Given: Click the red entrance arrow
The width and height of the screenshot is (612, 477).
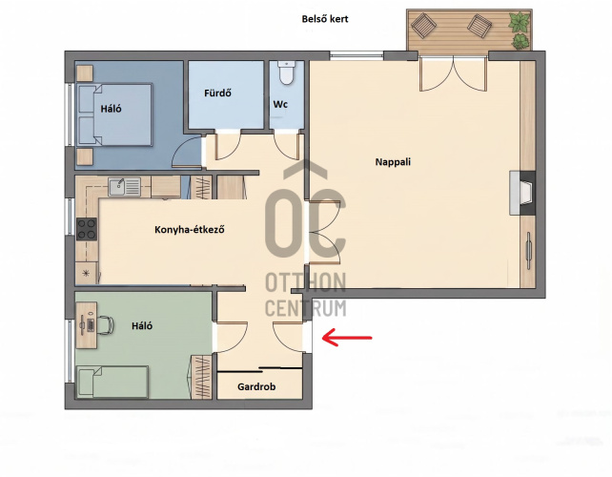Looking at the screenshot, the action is tap(347, 337).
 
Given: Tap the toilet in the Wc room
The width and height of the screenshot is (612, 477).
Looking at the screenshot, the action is tap(287, 73).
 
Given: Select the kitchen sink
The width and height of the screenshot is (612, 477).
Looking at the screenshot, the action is tap(125, 186).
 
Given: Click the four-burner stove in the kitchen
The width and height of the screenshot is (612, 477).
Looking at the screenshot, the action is tap(87, 229).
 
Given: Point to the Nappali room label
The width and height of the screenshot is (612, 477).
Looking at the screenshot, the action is tap(393, 162).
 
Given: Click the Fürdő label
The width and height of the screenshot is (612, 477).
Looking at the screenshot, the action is tap(217, 93).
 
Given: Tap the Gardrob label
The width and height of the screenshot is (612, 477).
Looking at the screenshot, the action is tap(256, 386).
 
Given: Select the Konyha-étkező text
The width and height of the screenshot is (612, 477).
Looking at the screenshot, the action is tap(190, 229).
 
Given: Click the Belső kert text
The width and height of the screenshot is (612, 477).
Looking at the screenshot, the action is tap(325, 19).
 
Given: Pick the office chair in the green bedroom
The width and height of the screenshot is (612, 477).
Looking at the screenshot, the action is tap(105, 324).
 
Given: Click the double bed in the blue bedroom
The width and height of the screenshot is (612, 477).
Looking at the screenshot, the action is tap(114, 114).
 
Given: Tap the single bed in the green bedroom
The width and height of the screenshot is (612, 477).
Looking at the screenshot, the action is tap(112, 382).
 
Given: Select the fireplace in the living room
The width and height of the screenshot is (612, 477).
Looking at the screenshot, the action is tap(522, 193).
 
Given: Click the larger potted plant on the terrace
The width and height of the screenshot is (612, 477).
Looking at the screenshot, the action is tap(520, 22).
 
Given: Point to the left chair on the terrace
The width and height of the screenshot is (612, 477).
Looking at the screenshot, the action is tap(423, 26).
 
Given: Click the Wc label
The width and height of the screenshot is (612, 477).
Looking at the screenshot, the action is tap(280, 104).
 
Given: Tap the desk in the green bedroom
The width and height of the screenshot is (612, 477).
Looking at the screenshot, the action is tap(86, 325).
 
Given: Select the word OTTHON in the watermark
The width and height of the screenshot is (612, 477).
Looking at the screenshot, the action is tap(306, 282).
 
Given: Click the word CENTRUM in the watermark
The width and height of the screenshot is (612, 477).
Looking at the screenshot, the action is tap(306, 307).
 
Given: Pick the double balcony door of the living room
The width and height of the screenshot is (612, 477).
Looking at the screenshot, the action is tap(454, 73).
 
